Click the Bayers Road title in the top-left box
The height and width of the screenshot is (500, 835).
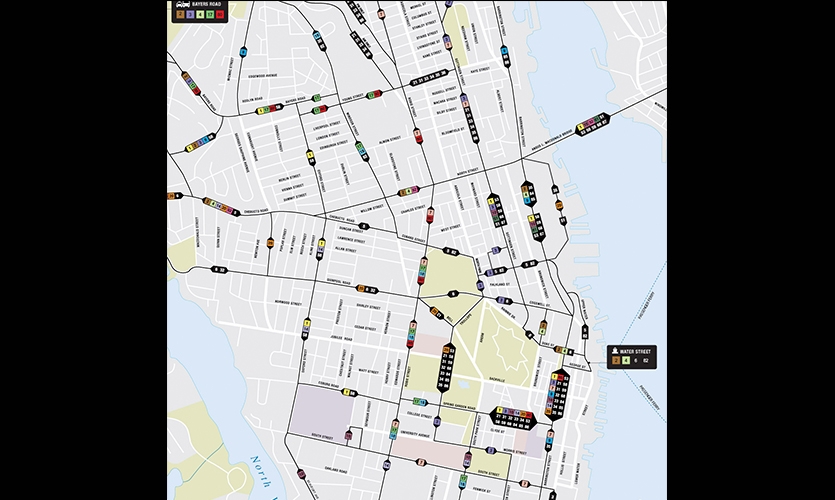206,5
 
